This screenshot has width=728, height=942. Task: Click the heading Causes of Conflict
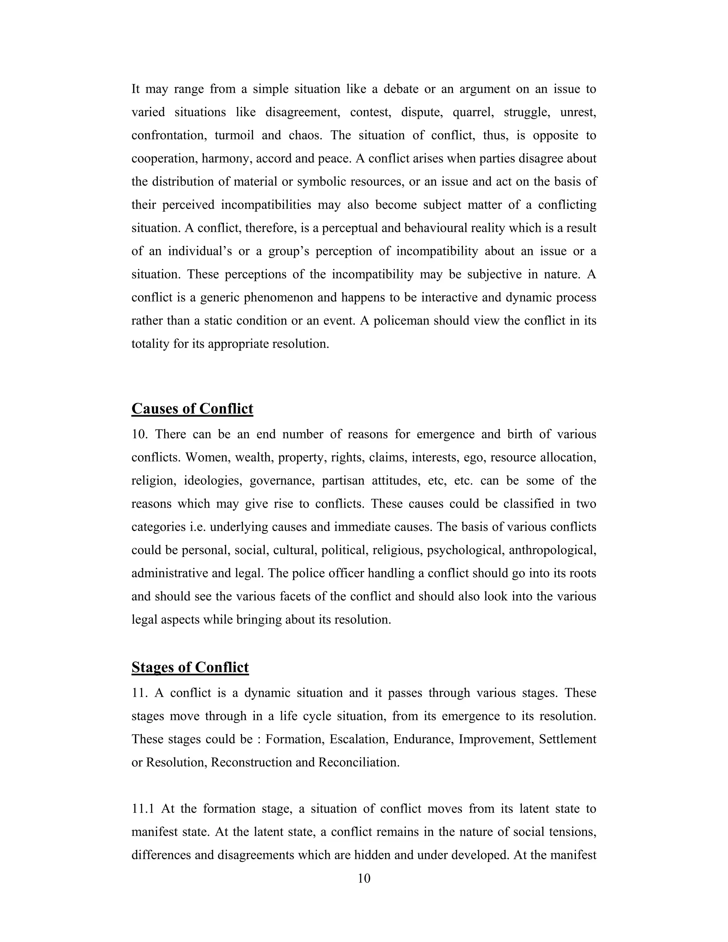192,408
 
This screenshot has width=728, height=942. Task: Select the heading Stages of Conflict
190,667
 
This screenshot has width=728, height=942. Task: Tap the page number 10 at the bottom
364,879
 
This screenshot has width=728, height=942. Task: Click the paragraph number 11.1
143,809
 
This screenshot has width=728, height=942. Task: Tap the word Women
204,457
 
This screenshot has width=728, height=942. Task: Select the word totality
150,344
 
